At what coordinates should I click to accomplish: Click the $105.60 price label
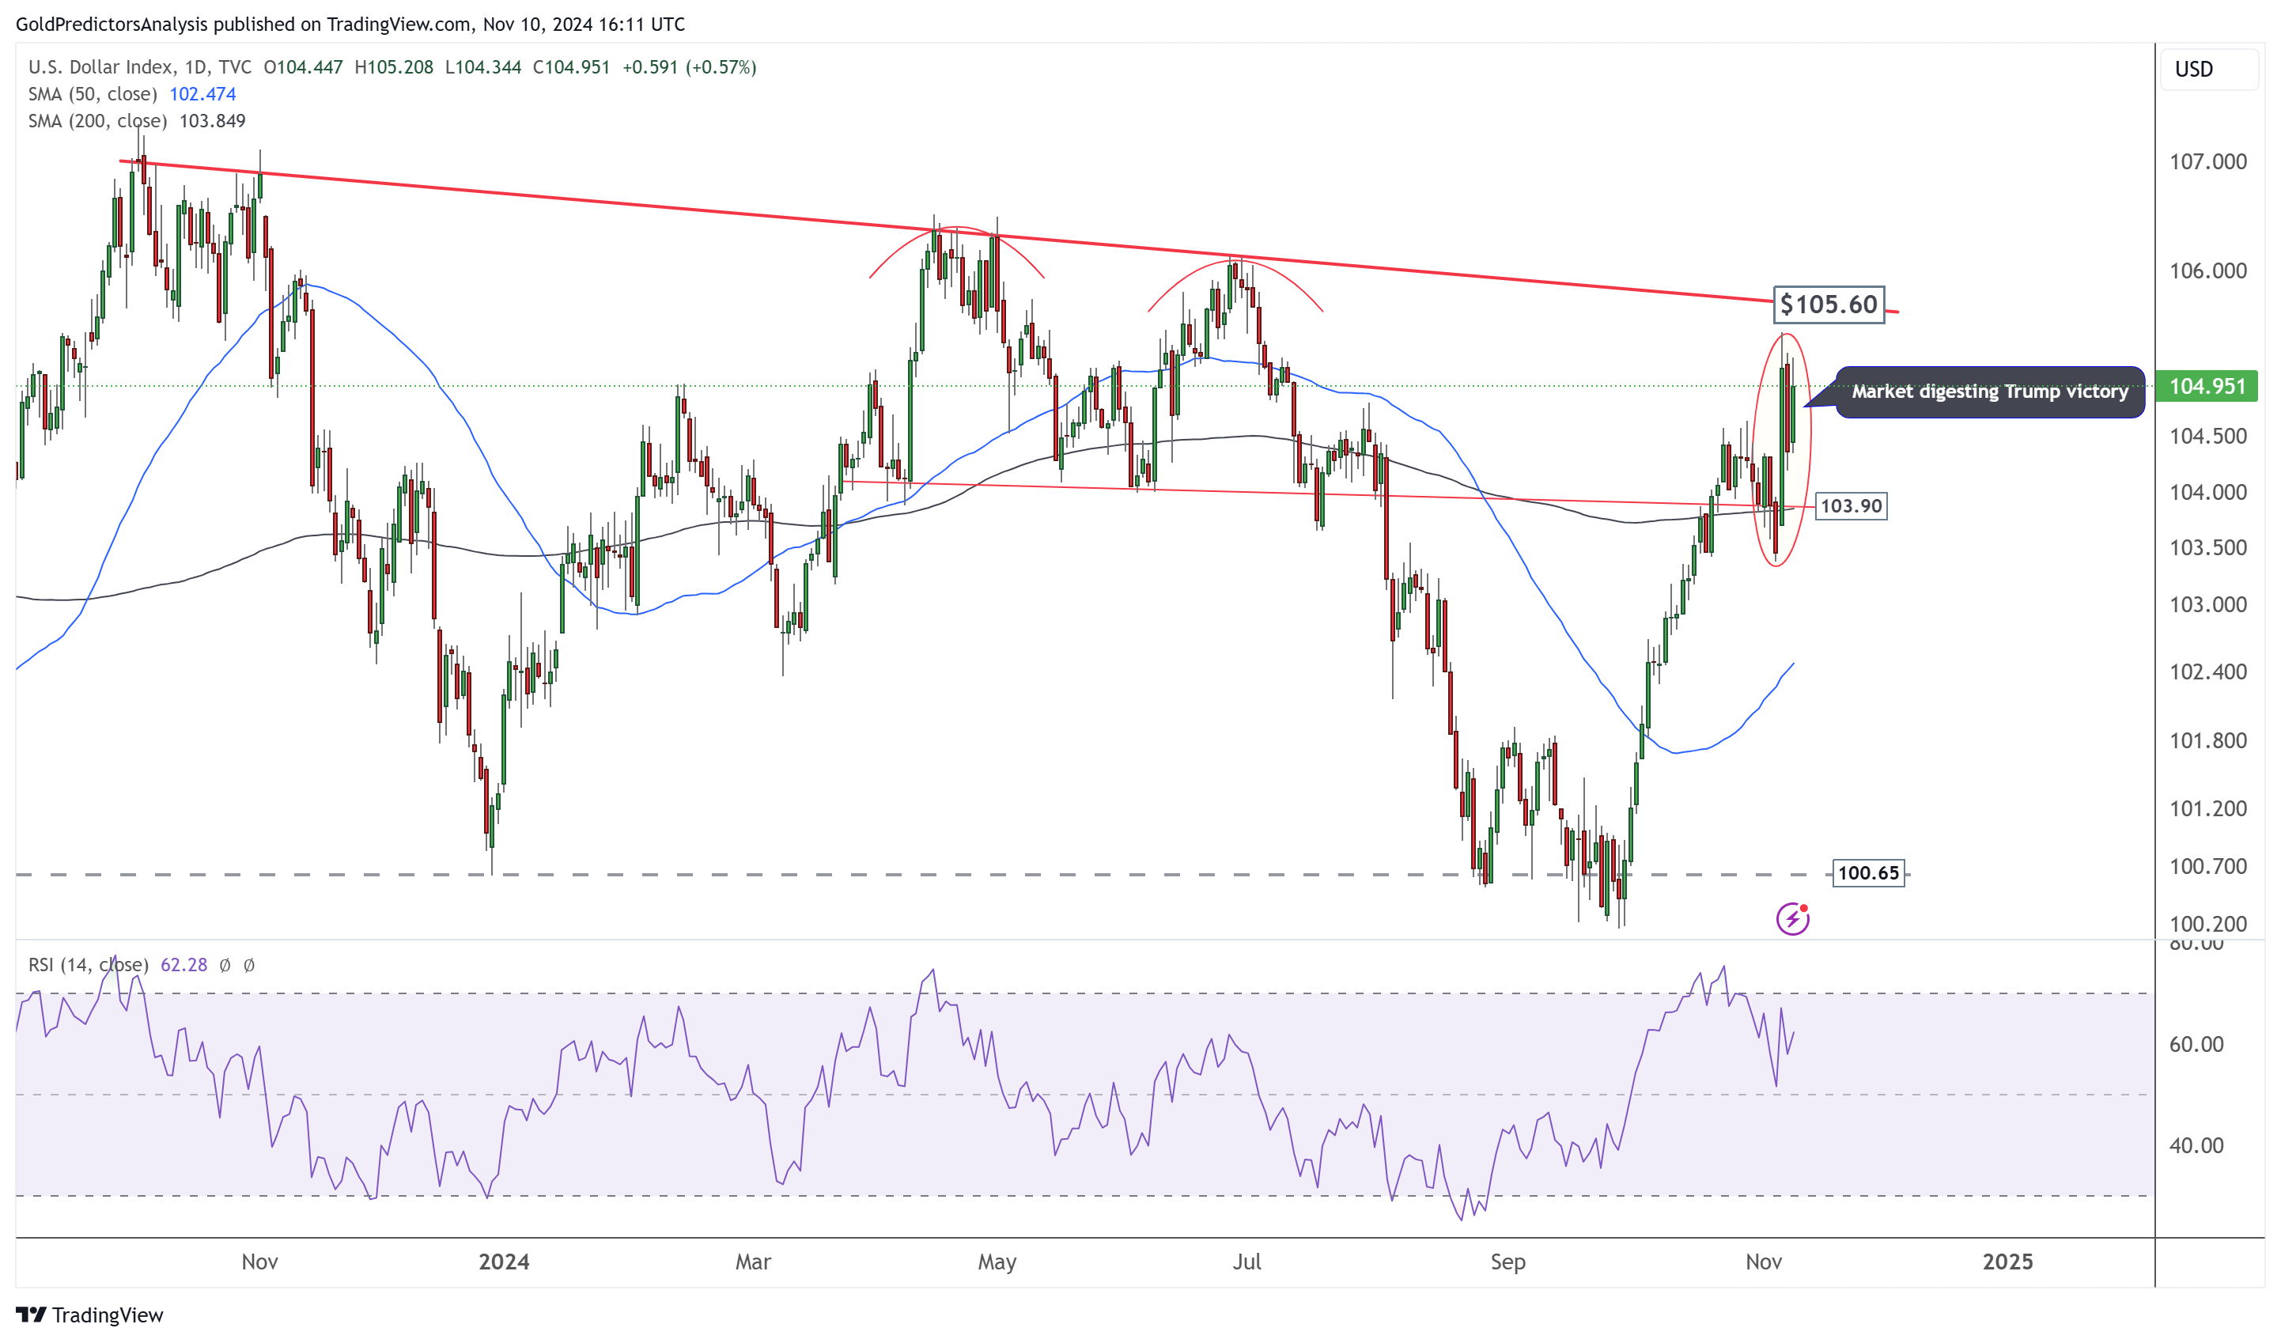[x=1828, y=304]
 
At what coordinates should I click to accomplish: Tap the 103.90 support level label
[x=1850, y=506]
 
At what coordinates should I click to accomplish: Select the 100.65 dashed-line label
[x=1867, y=873]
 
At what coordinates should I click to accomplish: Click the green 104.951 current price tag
[x=2206, y=387]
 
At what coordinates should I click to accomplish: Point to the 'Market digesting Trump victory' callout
[x=1988, y=392]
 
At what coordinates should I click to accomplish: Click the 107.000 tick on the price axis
[x=2207, y=162]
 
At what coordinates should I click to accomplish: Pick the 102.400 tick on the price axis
[x=2207, y=671]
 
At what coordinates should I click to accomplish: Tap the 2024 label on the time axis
[x=503, y=1262]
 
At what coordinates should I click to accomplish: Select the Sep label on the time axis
[x=1507, y=1262]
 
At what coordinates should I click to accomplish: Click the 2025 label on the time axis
[x=2007, y=1262]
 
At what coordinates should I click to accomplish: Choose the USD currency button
[x=2193, y=70]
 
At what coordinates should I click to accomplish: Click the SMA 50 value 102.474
[x=202, y=94]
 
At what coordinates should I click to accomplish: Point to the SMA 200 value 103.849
[x=212, y=121]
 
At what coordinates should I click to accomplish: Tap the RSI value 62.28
[x=183, y=965]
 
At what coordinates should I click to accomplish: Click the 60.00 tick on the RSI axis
[x=2196, y=1044]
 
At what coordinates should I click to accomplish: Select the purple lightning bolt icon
[x=1791, y=920]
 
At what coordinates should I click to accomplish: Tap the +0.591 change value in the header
[x=650, y=67]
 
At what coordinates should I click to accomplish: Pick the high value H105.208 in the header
[x=394, y=67]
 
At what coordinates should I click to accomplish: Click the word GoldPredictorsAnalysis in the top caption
[x=112, y=25]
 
